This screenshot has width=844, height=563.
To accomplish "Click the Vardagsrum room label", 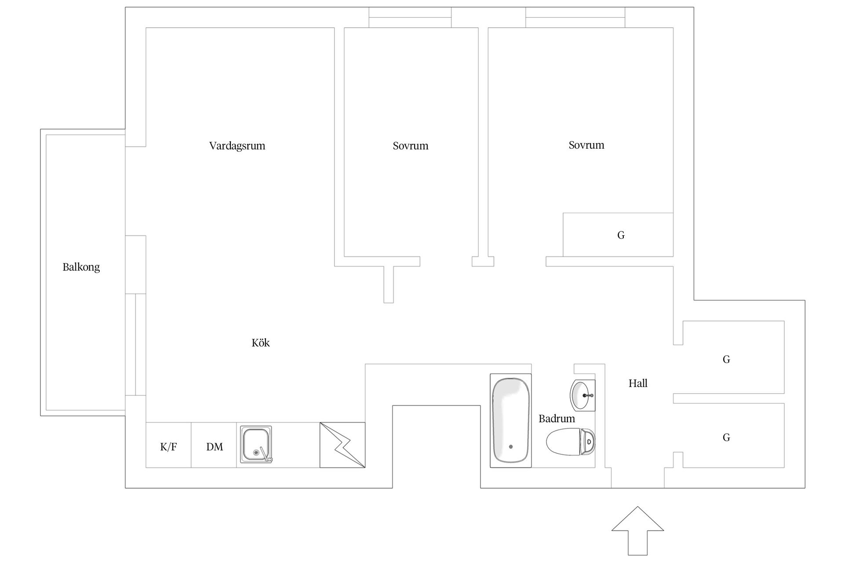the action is (x=237, y=146).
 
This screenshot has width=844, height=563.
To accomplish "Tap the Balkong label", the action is (x=81, y=267).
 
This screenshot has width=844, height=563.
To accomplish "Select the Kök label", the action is (x=261, y=343).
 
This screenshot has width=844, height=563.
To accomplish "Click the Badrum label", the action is (x=557, y=418).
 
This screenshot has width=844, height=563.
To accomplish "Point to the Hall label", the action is (x=638, y=383).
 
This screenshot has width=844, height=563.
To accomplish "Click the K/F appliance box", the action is (x=168, y=445).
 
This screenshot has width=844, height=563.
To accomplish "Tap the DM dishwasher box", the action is (x=214, y=445).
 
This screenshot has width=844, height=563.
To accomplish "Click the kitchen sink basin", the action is (x=256, y=444).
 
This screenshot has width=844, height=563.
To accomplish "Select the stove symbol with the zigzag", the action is (x=342, y=445).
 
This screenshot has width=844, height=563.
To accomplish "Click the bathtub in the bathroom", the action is (x=511, y=420).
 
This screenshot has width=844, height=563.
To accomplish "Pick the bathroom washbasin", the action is (x=583, y=395).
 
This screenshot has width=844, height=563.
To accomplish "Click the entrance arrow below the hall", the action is (x=637, y=530).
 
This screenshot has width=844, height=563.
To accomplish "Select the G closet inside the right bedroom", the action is (x=618, y=235).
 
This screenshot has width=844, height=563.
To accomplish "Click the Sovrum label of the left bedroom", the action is (x=411, y=146).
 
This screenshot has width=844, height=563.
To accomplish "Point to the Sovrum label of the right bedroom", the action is (x=586, y=145).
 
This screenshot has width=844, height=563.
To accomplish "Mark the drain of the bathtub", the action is (x=511, y=447).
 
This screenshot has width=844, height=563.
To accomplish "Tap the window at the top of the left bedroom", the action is (x=410, y=18).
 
